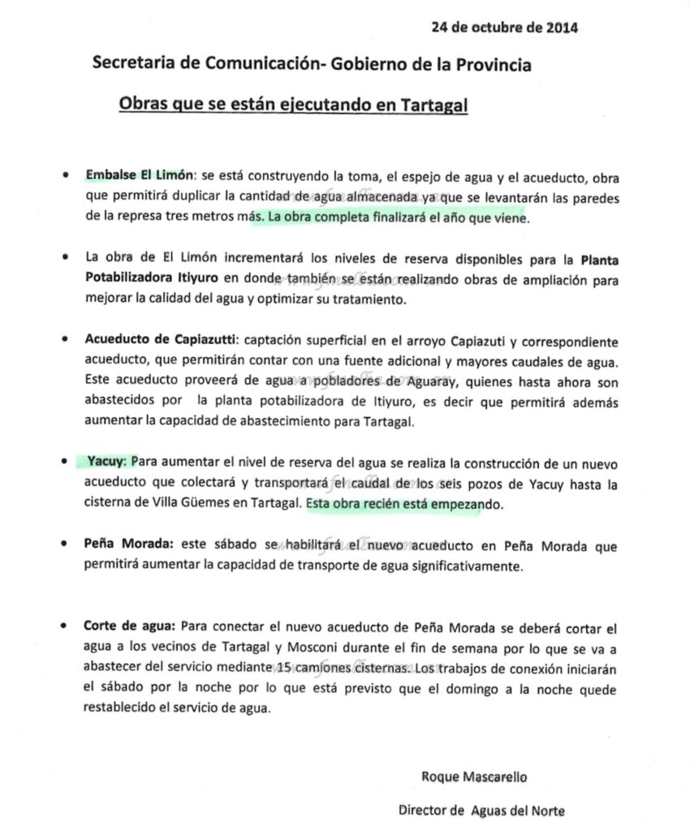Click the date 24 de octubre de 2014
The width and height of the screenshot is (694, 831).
(504, 27)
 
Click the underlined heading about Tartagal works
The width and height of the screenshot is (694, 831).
(293, 105)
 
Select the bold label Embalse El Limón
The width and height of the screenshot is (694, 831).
(139, 175)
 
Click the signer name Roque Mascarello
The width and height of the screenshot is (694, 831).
(474, 776)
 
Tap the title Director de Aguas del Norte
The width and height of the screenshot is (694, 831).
(481, 810)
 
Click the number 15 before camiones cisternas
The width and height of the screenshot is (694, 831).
(282, 668)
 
